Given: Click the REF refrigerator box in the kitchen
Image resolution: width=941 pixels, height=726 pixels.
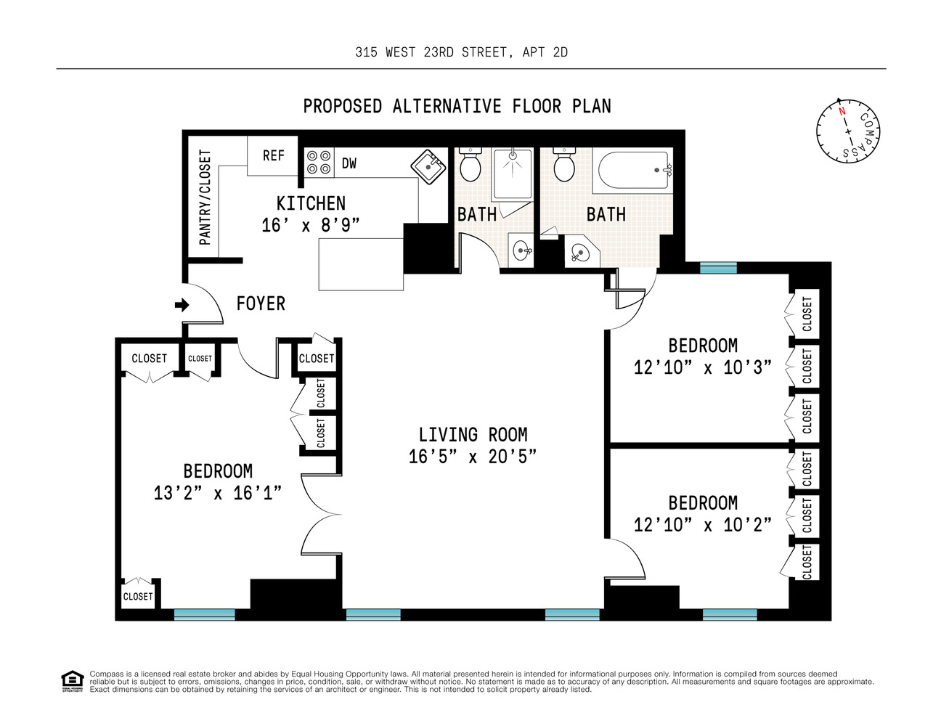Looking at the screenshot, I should point(273,156).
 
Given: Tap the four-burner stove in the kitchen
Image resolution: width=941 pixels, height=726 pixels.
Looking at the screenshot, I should point(319,163).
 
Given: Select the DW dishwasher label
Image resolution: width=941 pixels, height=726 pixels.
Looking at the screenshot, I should point(349,163).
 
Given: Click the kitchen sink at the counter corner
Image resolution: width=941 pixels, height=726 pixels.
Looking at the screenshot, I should point(428,166).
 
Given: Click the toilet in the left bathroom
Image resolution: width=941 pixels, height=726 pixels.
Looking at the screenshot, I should point(470,166).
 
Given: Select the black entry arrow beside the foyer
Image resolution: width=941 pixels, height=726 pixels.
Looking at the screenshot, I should point(182,305).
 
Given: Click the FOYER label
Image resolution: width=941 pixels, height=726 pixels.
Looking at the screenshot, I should point(261,303).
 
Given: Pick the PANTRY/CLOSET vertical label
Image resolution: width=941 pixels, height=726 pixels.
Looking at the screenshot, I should point(205,197).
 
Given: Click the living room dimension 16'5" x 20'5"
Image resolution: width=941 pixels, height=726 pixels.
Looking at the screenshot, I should point(472,457).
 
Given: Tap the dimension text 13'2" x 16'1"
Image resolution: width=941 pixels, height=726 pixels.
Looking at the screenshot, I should point(217,493).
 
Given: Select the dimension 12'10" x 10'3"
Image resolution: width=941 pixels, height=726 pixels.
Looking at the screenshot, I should point(702,367).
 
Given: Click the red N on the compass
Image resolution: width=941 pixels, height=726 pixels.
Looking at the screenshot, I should point(842,112).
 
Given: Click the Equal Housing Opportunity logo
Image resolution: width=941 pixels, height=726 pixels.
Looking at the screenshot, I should point(72,681).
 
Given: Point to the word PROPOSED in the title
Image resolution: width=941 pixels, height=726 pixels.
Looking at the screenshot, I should point(342,107).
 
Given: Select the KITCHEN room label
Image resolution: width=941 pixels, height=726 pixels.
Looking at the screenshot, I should point(311,203).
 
